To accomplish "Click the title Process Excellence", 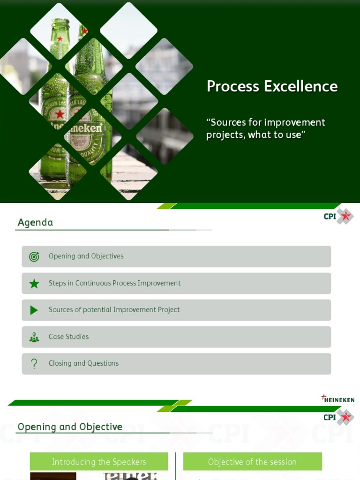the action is pyautogui.click(x=272, y=86).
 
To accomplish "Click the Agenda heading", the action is pyautogui.click(x=35, y=222).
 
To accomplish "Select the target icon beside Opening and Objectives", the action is pyautogui.click(x=34, y=256).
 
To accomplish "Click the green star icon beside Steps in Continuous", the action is pyautogui.click(x=34, y=284).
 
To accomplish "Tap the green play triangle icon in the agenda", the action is pyautogui.click(x=34, y=310).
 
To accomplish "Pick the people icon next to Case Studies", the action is pyautogui.click(x=34, y=337).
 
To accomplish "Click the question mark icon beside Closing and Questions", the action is pyautogui.click(x=34, y=364).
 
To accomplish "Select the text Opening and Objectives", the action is pyautogui.click(x=86, y=256).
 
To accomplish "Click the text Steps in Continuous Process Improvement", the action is pyautogui.click(x=114, y=283).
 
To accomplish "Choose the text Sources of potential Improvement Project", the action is pyautogui.click(x=114, y=309).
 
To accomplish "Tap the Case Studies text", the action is pyautogui.click(x=68, y=337).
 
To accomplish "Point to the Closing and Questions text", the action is pyautogui.click(x=83, y=363).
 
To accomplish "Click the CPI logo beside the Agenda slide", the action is pyautogui.click(x=338, y=216).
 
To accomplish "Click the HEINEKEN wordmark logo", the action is pyautogui.click(x=337, y=398).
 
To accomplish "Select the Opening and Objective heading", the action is pyautogui.click(x=70, y=427).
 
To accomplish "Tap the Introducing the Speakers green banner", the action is pyautogui.click(x=99, y=461).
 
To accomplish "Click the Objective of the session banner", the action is pyautogui.click(x=253, y=461).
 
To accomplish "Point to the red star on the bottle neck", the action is pyautogui.click(x=60, y=38).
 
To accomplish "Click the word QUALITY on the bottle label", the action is pyautogui.click(x=89, y=150).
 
